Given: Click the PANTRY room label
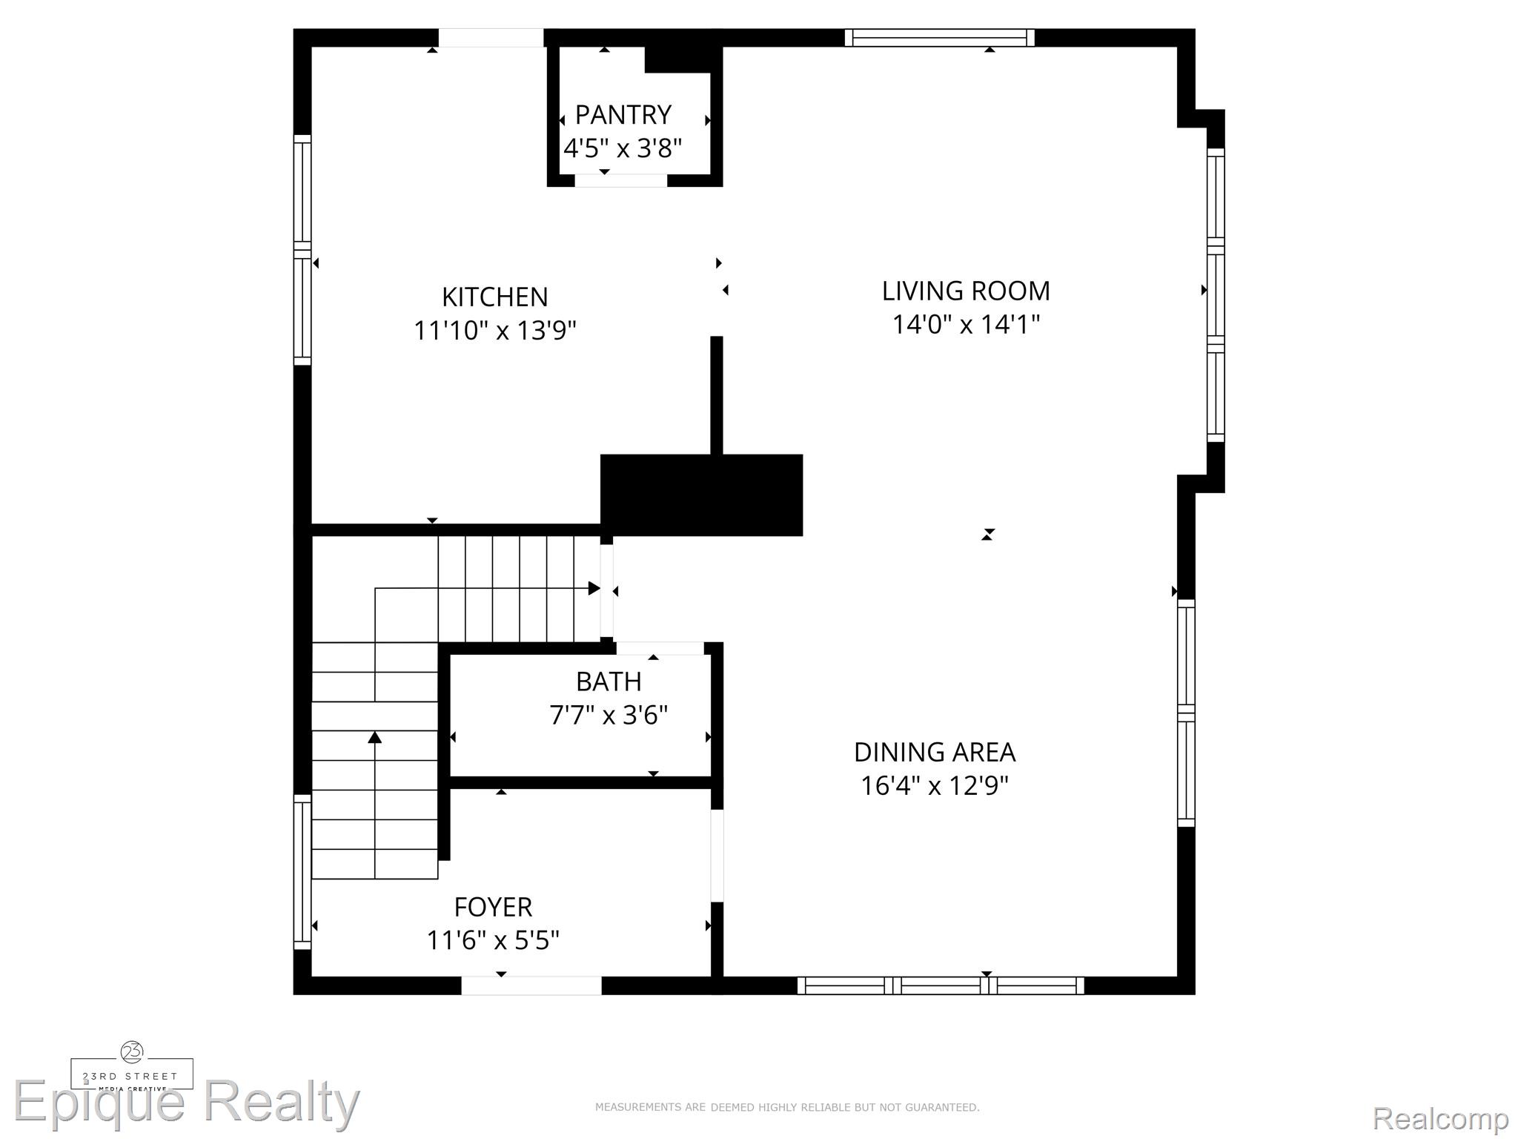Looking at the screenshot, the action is [x=623, y=115].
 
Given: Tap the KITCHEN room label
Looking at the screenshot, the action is [x=495, y=297].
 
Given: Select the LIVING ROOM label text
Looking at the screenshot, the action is [x=966, y=291].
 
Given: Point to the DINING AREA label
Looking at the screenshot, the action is [x=935, y=752].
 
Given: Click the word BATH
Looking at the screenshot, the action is [x=609, y=681].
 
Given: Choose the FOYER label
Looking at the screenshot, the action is [x=493, y=907].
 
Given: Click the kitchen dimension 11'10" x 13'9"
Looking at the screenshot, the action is [x=495, y=330].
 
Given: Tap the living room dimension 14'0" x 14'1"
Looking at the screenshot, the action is [x=966, y=324].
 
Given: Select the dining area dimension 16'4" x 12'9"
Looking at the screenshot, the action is [x=935, y=785].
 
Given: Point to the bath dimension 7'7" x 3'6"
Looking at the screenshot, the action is [x=609, y=716].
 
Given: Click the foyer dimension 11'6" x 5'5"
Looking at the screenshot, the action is [x=493, y=940].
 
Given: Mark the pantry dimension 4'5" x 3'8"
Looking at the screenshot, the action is [x=623, y=148].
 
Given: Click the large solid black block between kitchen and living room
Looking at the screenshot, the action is [x=701, y=495].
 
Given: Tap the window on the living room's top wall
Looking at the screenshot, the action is [x=939, y=38].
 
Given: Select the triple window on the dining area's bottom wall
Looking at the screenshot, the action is [x=941, y=986].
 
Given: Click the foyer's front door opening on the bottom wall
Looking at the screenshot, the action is [x=531, y=986].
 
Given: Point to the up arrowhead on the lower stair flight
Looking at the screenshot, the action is [x=375, y=737].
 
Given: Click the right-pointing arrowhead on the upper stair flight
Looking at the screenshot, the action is [x=594, y=588].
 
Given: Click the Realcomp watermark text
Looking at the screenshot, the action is [x=1440, y=1118].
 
